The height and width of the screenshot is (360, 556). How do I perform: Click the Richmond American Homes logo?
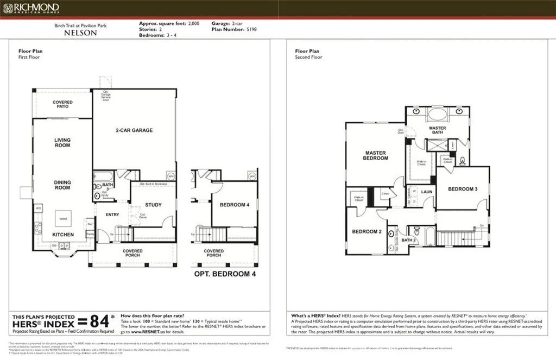pyautogui.click(x=31, y=8)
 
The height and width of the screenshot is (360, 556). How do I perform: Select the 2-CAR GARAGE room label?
pyautogui.click(x=134, y=130)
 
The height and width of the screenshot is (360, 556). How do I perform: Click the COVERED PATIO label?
pyautogui.click(x=62, y=105)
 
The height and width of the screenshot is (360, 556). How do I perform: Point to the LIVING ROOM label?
pyautogui.click(x=62, y=143)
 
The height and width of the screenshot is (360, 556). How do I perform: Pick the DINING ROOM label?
pyautogui.click(x=62, y=185)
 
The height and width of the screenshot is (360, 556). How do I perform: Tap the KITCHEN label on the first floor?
pyautogui.click(x=62, y=234)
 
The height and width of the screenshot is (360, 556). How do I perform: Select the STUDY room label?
pyautogui.click(x=154, y=205)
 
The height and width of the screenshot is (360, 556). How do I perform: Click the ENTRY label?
pyautogui.click(x=112, y=214)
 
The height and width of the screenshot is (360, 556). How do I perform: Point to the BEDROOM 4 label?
pyautogui.click(x=235, y=205)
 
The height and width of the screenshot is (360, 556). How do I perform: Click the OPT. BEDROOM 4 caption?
pyautogui.click(x=225, y=274)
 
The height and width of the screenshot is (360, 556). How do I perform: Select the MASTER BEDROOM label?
pyautogui.click(x=376, y=155)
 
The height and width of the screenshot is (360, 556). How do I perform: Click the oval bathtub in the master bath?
pyautogui.click(x=437, y=116)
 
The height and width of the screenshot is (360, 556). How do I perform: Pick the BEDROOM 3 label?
pyautogui.click(x=463, y=189)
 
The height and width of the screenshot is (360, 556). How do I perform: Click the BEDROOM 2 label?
pyautogui.click(x=367, y=231)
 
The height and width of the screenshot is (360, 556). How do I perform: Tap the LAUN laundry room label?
pyautogui.click(x=427, y=192)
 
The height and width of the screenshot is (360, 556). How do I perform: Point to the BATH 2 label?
pyautogui.click(x=408, y=240)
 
